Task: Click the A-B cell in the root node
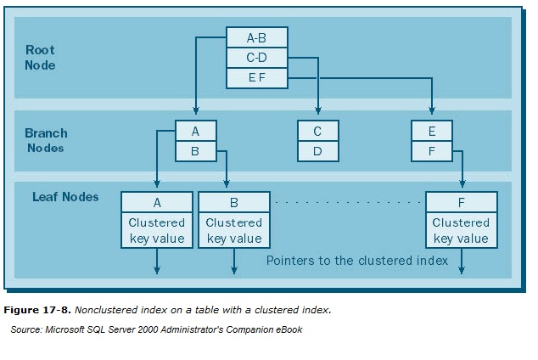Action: [256, 37]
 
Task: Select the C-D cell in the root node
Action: [256, 58]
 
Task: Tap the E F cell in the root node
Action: [256, 78]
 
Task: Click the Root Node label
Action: [41, 57]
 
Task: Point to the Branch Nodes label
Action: [46, 140]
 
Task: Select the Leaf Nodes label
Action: [65, 197]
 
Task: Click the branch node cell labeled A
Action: [196, 131]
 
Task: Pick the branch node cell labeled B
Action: [196, 151]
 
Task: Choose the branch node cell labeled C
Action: [317, 131]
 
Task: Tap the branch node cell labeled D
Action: [317, 151]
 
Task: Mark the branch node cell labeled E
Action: [432, 131]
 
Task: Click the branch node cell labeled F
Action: [432, 151]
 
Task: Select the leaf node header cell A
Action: [157, 202]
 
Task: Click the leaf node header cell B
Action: [234, 202]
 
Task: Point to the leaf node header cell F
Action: [461, 202]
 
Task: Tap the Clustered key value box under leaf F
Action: [461, 230]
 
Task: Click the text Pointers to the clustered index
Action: [356, 261]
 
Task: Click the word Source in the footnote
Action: [26, 329]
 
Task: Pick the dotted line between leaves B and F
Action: [348, 202]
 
